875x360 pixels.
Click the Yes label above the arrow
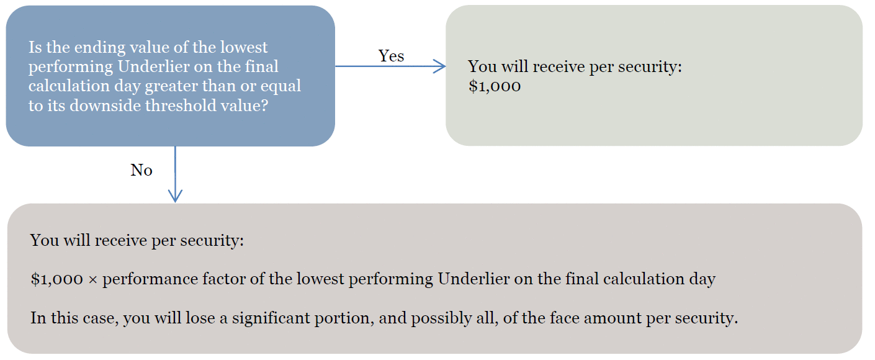tap(391, 56)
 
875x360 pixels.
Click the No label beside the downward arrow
tap(141, 170)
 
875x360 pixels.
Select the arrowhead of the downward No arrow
tap(175, 196)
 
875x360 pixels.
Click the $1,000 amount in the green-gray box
tap(495, 86)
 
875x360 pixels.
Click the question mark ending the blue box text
tap(264, 106)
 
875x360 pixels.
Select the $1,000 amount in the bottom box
tap(56, 279)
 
